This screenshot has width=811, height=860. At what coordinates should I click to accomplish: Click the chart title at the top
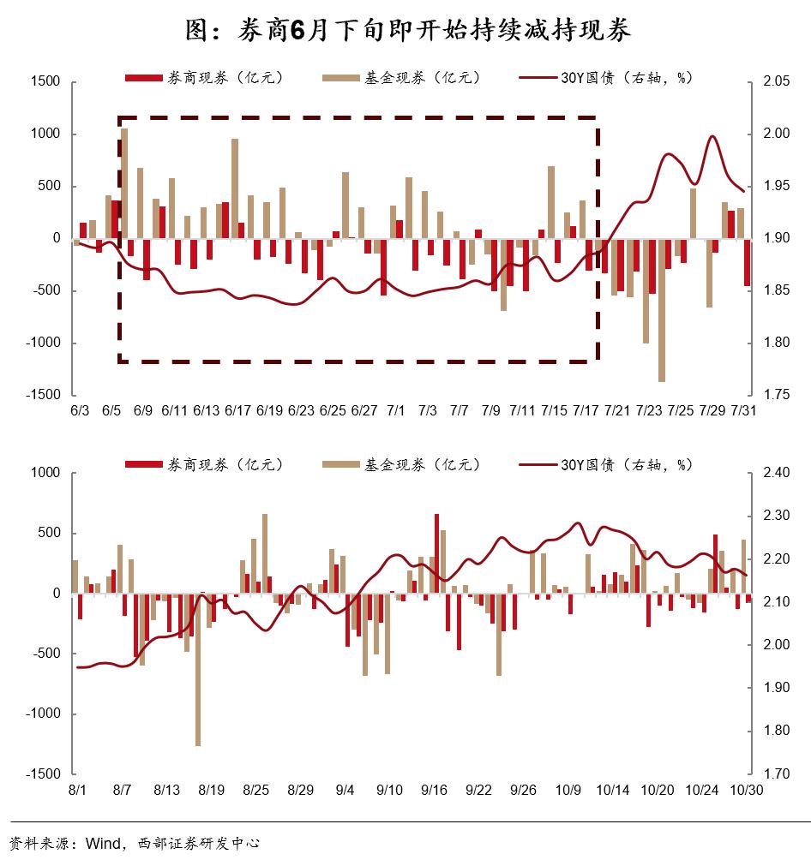tap(407, 31)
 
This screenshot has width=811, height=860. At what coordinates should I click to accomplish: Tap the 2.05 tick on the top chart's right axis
tap(775, 81)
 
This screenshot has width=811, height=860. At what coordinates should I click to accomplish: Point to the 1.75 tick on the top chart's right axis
tap(775, 395)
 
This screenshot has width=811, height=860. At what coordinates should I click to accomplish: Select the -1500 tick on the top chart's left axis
tap(42, 395)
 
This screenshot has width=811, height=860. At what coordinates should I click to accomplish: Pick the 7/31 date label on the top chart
tap(743, 412)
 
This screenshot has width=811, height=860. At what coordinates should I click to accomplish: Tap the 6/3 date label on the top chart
tap(79, 412)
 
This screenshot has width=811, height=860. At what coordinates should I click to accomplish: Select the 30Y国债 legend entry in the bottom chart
tap(606, 465)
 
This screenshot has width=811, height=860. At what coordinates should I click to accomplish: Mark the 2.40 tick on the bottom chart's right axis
tap(775, 473)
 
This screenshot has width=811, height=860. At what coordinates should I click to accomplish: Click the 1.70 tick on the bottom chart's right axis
tap(775, 773)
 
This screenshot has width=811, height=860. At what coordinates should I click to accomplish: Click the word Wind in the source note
tap(102, 843)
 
